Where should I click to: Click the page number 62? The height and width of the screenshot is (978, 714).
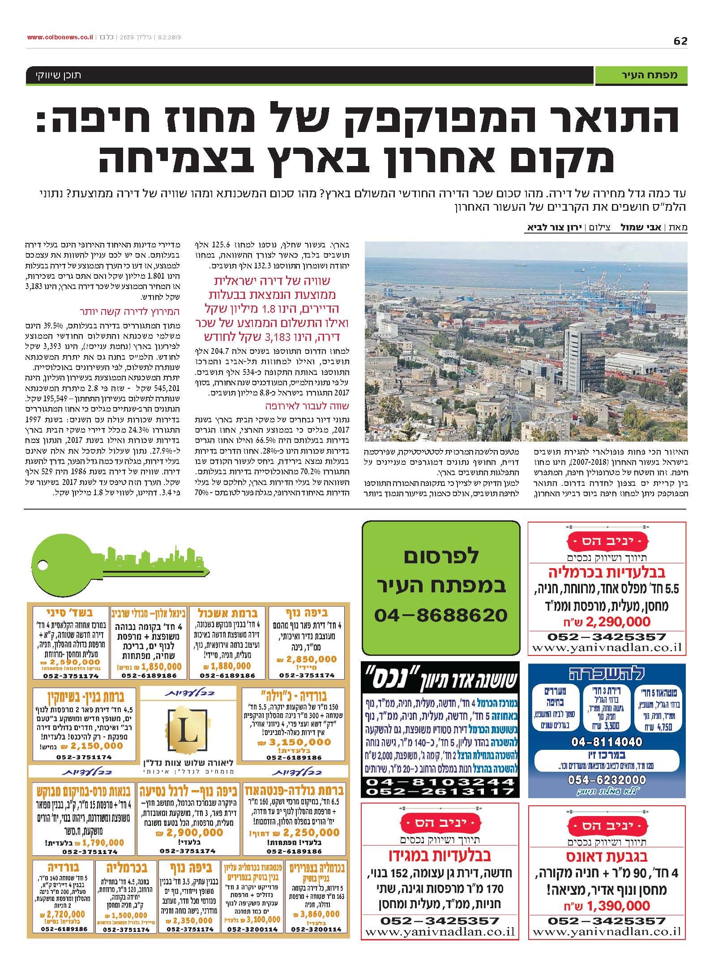pyautogui.click(x=680, y=41)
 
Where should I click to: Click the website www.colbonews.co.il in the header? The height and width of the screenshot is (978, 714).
pyautogui.click(x=60, y=38)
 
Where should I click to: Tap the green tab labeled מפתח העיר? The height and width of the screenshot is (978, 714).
pyautogui.click(x=641, y=75)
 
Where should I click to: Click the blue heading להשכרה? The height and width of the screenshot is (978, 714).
pyautogui.click(x=607, y=674)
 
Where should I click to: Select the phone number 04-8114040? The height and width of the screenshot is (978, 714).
pyautogui.click(x=607, y=741)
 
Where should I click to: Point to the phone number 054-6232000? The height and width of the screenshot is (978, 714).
pyautogui.click(x=607, y=780)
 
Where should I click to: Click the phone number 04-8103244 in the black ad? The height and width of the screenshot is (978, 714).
pyautogui.click(x=440, y=782)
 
